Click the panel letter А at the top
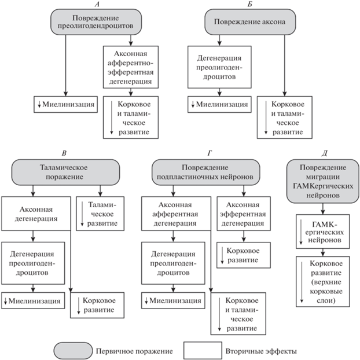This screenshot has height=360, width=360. tap(97, 4)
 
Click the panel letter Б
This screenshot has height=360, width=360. tap(250, 4)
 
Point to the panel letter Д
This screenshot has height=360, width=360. tap(324, 153)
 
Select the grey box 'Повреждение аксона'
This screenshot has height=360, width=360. tap(250, 22)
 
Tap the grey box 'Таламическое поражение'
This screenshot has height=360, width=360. tap(65, 172)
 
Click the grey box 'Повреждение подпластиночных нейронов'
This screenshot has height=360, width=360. tap(206, 172)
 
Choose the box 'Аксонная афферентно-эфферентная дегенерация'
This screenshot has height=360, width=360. tap(131, 67)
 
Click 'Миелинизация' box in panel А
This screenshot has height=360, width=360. tap(65, 104)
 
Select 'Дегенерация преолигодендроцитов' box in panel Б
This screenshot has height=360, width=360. tap(219, 67)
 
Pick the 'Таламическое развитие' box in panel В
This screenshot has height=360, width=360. tap(100, 214)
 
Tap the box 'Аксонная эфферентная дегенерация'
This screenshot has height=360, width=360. tap(244, 214)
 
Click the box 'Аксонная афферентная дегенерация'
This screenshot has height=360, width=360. tap(176, 214)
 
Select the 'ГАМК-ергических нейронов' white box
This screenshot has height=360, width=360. tap(323, 232)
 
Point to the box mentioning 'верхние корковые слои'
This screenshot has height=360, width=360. tap(323, 281)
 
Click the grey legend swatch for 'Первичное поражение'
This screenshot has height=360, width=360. tap(74, 351)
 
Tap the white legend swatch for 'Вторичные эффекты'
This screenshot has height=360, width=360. tap(203, 350)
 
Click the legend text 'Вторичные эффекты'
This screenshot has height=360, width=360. tap(261, 351)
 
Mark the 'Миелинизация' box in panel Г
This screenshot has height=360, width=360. tap(173, 300)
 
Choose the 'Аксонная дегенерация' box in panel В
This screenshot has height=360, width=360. tap(36, 214)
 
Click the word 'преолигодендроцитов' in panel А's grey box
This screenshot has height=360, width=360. tap(95, 25)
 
